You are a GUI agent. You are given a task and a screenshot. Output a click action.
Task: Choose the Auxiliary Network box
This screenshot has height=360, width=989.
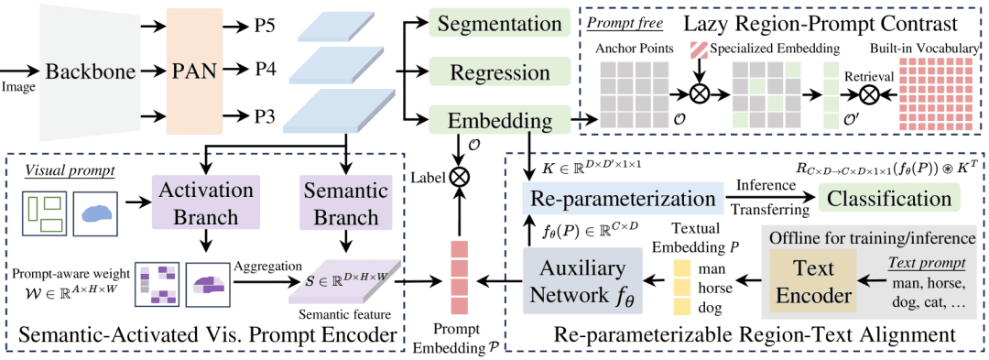click(x=581, y=279)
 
